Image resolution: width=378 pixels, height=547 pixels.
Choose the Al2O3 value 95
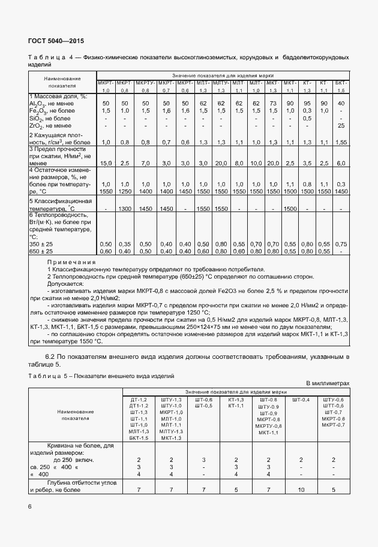[x=307, y=104]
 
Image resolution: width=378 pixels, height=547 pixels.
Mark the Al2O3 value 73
[x=272, y=104]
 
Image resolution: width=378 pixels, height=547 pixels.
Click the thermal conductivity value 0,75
[x=341, y=244]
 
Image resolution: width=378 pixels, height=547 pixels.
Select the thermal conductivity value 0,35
[x=125, y=244]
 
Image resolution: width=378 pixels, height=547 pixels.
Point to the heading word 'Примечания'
[x=71, y=262]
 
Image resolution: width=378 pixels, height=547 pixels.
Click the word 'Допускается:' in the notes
[x=66, y=284]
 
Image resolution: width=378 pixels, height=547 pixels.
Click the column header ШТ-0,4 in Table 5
[x=301, y=400]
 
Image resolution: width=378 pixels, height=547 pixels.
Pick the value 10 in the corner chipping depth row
[x=301, y=489]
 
